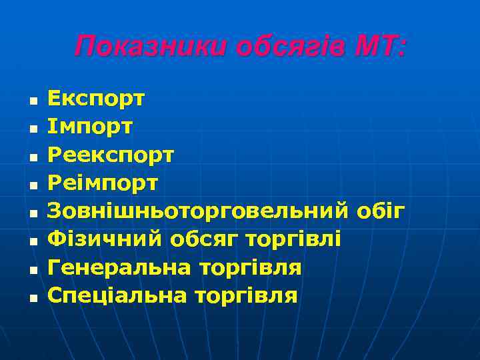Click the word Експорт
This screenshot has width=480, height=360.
click(x=96, y=99)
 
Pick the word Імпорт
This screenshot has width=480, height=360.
click(x=90, y=127)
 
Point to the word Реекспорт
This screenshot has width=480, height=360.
click(x=111, y=155)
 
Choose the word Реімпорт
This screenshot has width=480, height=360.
click(x=103, y=183)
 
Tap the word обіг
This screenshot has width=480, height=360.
click(x=380, y=211)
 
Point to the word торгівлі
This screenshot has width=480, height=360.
click(x=294, y=239)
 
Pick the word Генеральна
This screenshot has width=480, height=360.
click(x=120, y=267)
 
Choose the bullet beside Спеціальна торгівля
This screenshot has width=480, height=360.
click(x=33, y=298)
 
